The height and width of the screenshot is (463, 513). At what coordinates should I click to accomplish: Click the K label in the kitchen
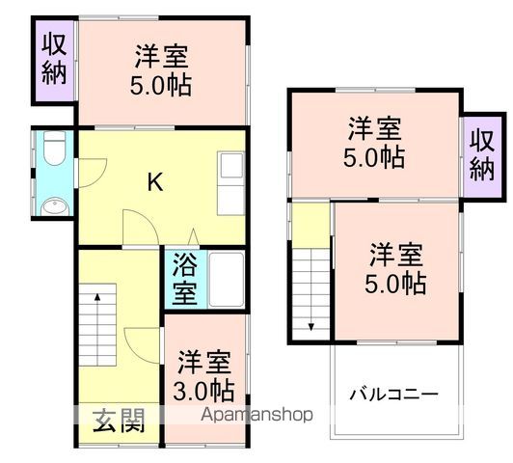(x=153, y=181)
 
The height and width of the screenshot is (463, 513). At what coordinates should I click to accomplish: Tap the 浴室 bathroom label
(x=185, y=279)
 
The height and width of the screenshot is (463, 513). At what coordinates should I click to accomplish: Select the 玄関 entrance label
(x=120, y=420)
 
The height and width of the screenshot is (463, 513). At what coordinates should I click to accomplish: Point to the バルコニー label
(x=393, y=394)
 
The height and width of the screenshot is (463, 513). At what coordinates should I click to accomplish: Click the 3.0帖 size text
(x=204, y=391)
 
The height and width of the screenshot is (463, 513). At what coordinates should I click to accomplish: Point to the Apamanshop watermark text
(x=256, y=416)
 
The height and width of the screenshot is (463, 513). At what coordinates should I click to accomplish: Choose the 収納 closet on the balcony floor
(x=482, y=153)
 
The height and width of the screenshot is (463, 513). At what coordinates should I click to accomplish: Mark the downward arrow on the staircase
(x=311, y=326)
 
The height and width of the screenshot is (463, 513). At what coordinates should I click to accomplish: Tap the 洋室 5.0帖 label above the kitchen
(x=161, y=70)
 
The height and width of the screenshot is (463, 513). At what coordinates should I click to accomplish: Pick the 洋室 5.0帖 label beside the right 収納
(x=375, y=141)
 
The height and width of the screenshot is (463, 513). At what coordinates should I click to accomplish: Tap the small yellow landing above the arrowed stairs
(x=310, y=225)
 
